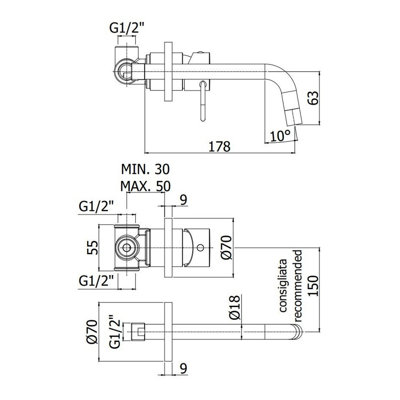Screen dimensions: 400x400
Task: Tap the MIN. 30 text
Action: [x=145, y=169]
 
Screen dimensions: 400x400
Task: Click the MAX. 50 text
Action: [x=145, y=186]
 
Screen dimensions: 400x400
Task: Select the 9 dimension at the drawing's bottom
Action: [x=183, y=368]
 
